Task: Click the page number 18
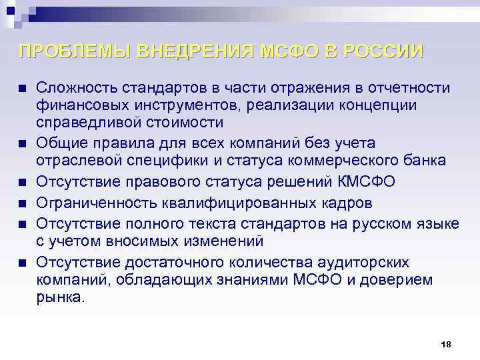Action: [446, 344]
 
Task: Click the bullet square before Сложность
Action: [22, 89]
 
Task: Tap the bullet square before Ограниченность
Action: [22, 203]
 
